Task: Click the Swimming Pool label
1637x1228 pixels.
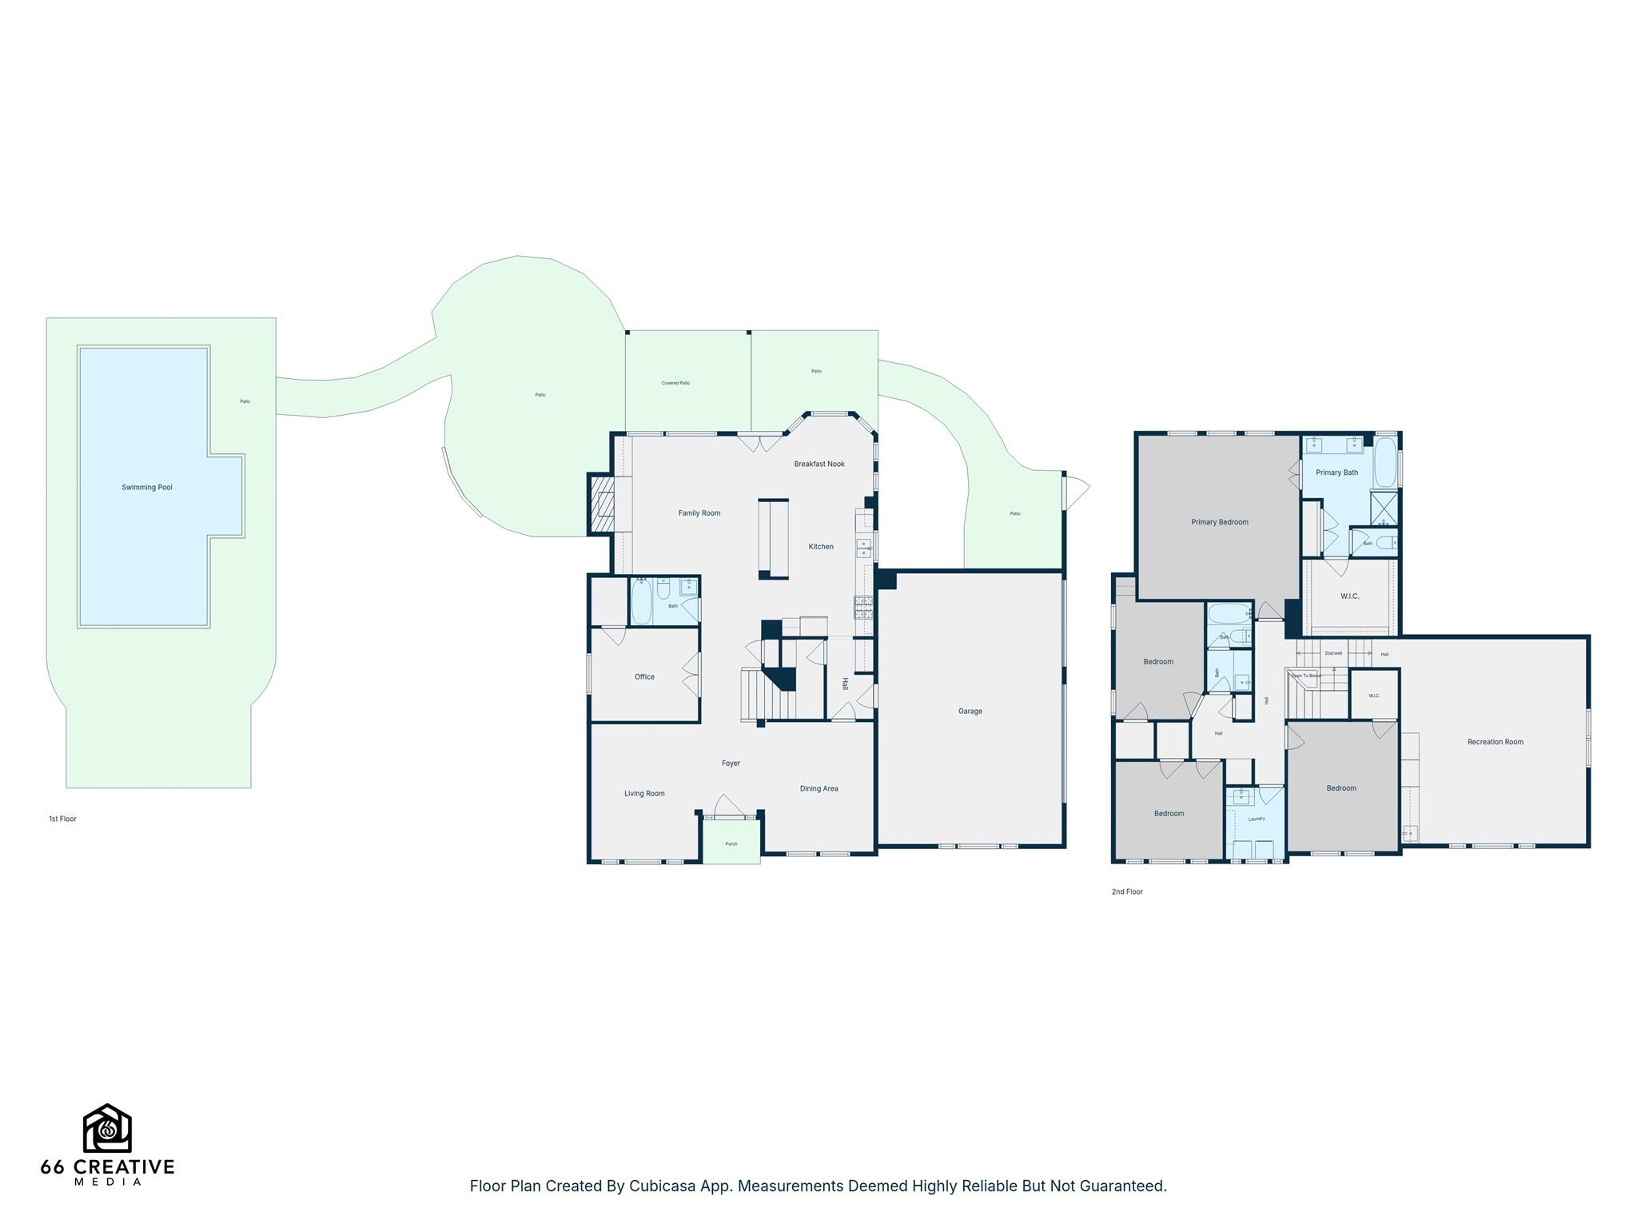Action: pos(147,487)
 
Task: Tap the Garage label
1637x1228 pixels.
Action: pos(970,711)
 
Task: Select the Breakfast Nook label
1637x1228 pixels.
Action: pos(818,464)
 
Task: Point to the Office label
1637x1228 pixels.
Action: pos(644,676)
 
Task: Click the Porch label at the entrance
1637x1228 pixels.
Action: pos(731,843)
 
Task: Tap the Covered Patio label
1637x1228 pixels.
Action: pos(675,383)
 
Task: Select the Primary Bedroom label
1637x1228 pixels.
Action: pos(1219,522)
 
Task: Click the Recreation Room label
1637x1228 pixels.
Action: pos(1495,742)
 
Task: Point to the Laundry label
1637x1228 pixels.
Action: pos(1256,819)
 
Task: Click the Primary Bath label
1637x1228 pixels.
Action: pos(1336,472)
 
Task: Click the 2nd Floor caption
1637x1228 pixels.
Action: pos(1127,891)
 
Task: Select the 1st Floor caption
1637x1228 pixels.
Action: pos(62,819)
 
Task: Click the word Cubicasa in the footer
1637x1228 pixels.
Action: pos(659,1186)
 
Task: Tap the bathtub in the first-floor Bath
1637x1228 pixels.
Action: pos(641,601)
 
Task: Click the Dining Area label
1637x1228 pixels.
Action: pos(818,788)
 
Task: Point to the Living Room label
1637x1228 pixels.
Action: pos(644,793)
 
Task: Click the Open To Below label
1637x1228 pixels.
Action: pos(1305,676)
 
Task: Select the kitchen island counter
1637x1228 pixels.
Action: pos(773,537)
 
